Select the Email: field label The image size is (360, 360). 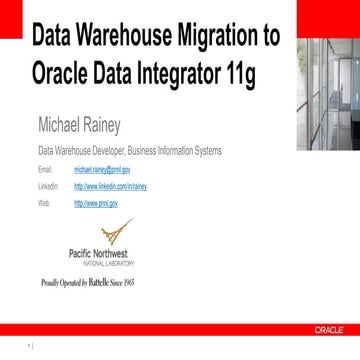click(x=44, y=171)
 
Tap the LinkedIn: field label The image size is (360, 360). click(x=47, y=186)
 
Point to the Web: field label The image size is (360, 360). click(x=43, y=202)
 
